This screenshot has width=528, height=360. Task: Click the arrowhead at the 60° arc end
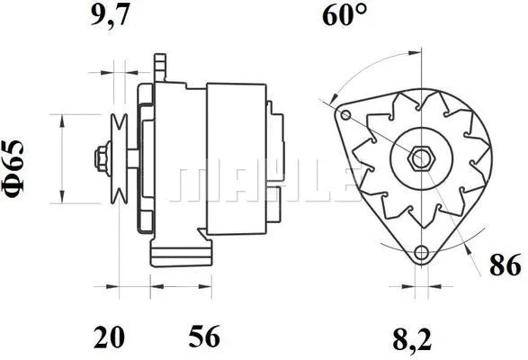334,97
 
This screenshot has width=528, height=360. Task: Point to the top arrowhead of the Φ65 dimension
61,119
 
